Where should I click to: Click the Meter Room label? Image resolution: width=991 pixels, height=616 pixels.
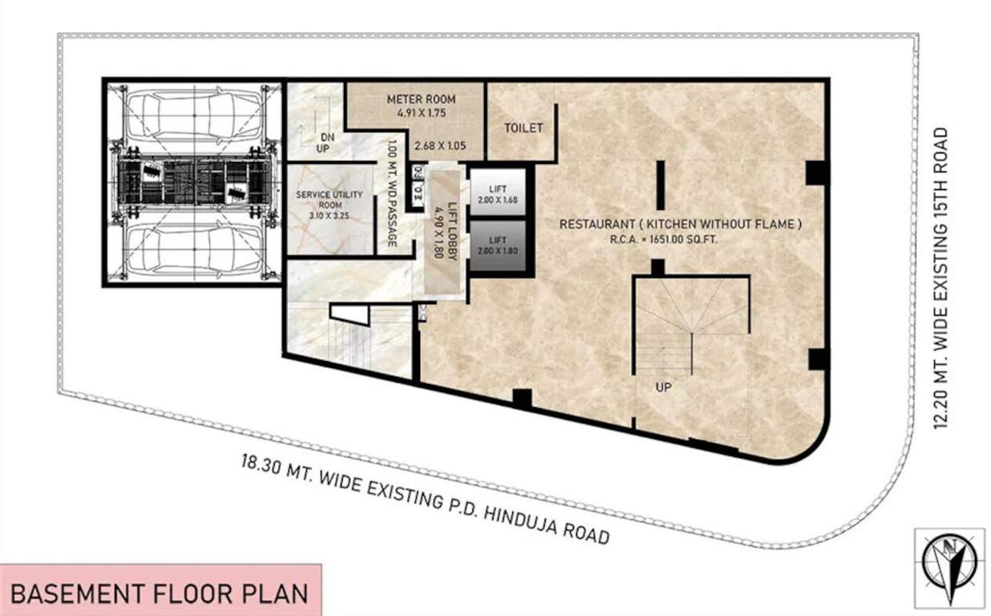(421, 99)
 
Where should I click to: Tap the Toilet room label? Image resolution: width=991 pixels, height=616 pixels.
(523, 128)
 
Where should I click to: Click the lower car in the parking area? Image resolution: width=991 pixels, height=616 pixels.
(193, 249)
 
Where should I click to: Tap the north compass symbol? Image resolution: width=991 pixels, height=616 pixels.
(949, 561)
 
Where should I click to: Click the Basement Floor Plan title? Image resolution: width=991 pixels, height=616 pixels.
(160, 594)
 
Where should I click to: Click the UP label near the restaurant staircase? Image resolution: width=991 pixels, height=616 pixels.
(663, 387)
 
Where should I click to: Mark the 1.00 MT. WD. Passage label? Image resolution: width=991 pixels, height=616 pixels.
(392, 195)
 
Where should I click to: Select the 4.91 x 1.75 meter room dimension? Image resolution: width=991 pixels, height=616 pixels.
(421, 113)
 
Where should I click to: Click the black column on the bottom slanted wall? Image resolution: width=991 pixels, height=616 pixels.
(522, 396)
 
